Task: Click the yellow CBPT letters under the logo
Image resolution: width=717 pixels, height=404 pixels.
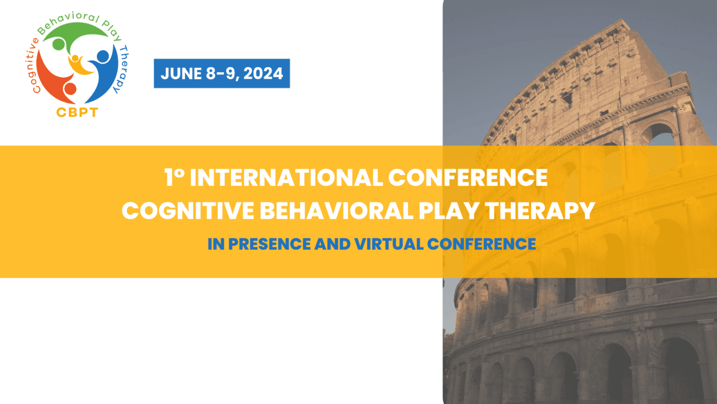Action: coord(77,112)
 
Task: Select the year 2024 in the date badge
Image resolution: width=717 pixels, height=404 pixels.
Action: coord(263,74)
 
